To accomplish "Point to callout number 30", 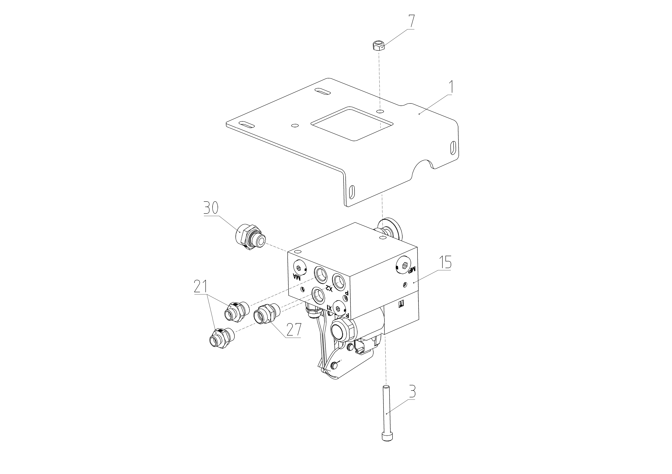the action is click(x=211, y=208).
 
